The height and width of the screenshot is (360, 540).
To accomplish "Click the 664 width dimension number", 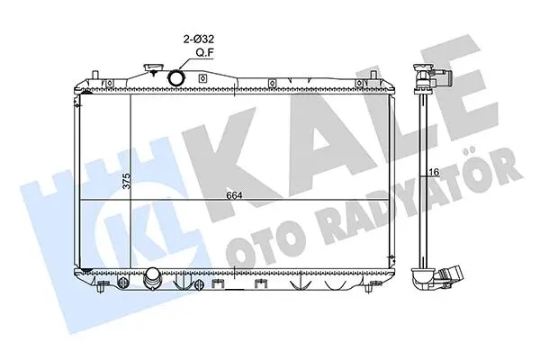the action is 234,195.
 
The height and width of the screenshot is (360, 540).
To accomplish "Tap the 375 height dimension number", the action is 127,181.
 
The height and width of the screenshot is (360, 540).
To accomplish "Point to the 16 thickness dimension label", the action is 435,172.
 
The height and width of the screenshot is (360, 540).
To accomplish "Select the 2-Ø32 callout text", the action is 198,39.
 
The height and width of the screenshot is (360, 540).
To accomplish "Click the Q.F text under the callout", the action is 205,53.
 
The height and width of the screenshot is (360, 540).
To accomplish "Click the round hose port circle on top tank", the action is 175,77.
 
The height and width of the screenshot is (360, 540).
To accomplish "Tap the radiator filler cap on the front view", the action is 152,67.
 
